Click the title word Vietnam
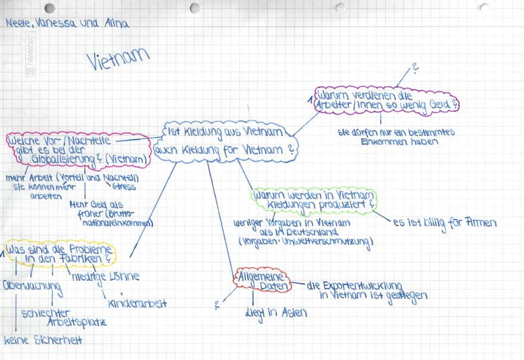pos(117,59)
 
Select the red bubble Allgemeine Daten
pos(263,281)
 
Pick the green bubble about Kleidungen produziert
pos(314,199)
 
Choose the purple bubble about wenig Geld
pos(387,100)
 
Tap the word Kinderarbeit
pos(138,303)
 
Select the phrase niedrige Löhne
pos(105,276)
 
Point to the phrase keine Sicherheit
pos(43,340)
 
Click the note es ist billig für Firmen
pos(444,223)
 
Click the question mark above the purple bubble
pos(415,67)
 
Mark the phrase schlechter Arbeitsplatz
pos(63,318)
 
